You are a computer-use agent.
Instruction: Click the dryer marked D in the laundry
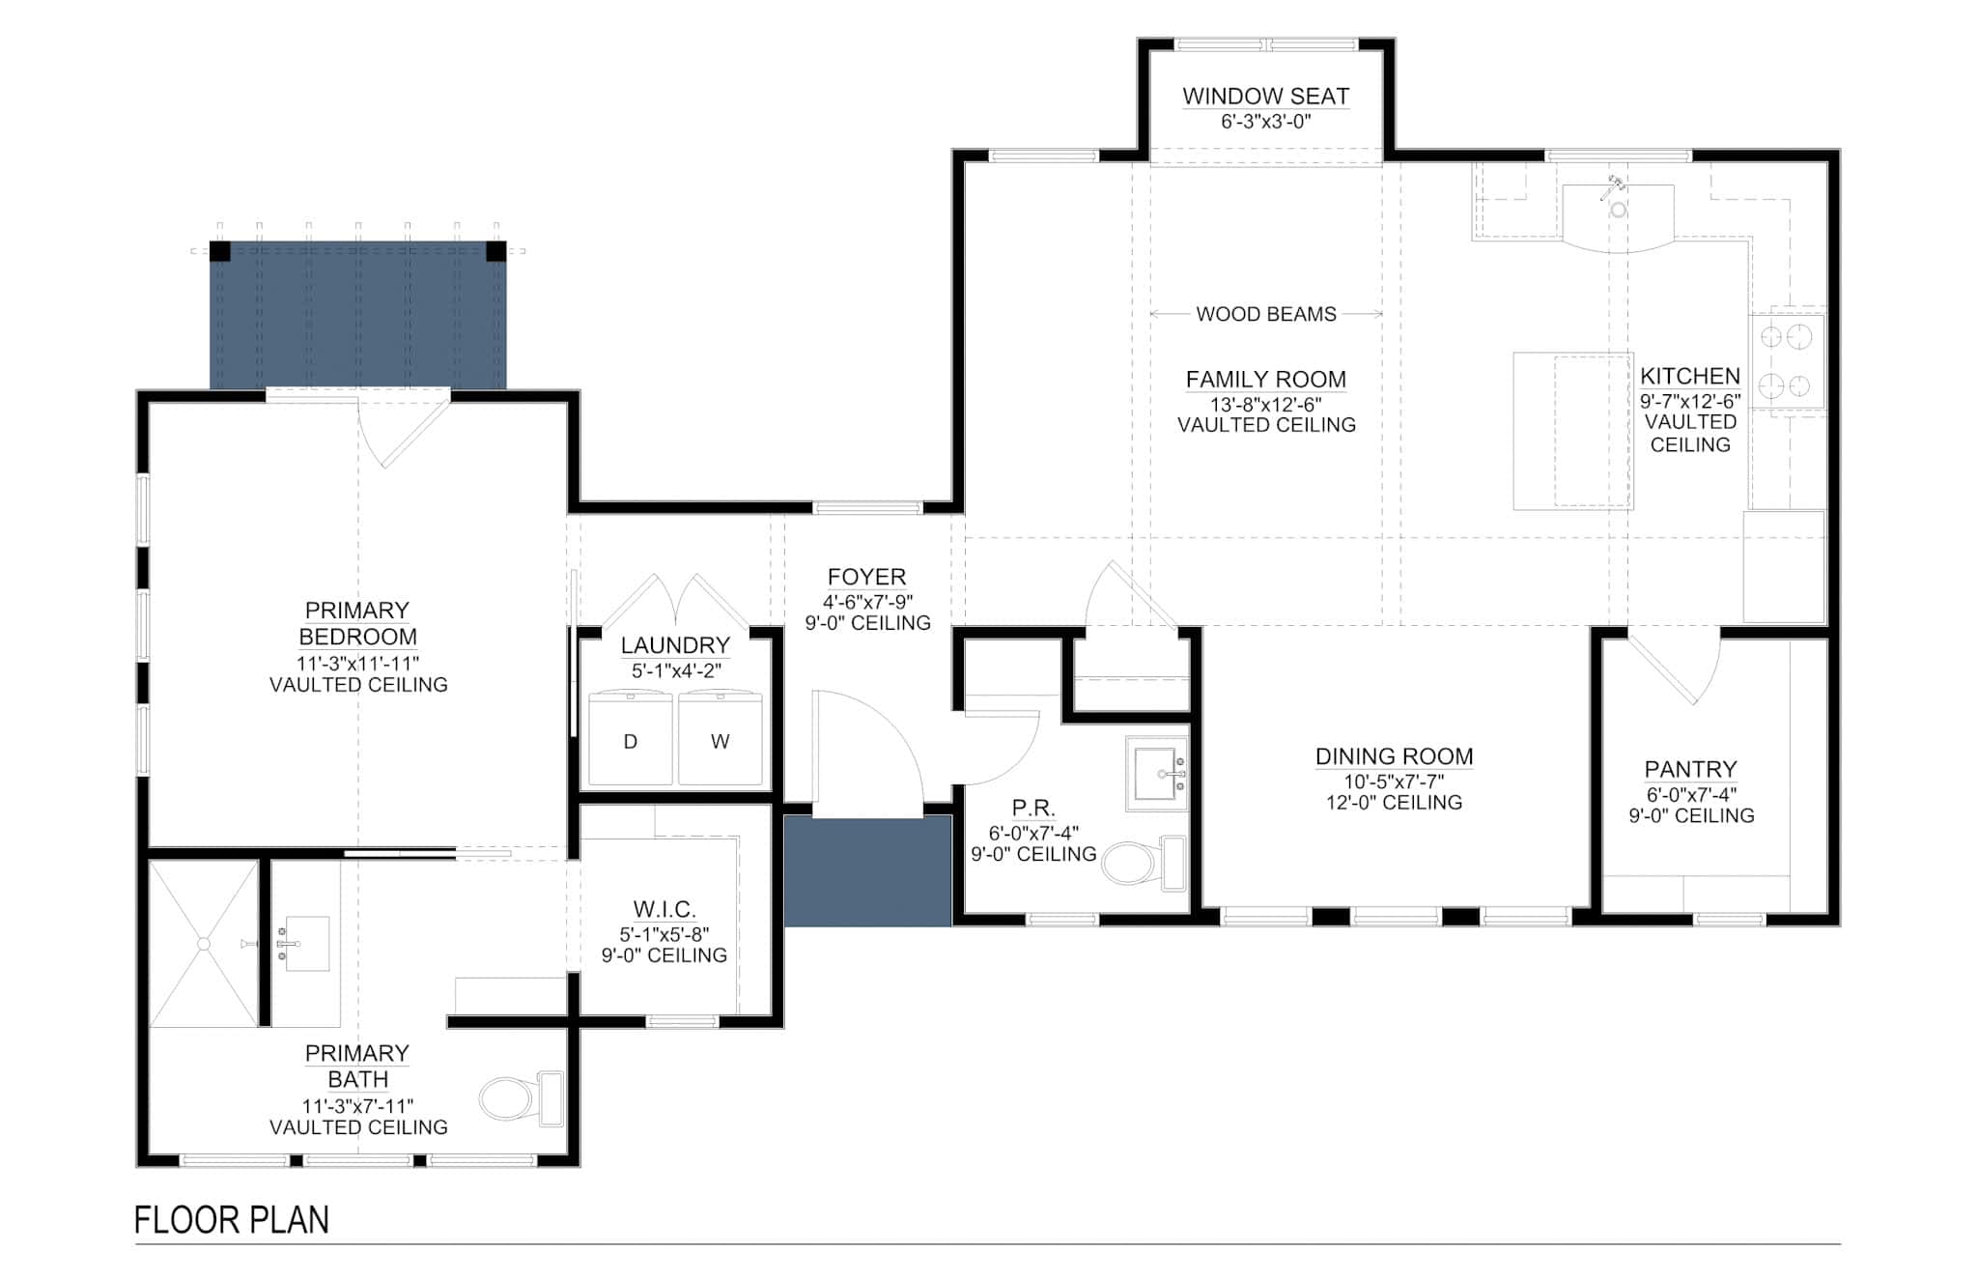pos(631,738)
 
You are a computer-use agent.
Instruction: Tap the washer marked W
pos(721,738)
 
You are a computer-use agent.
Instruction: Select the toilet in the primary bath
pos(522,1098)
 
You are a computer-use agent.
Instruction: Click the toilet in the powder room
pos(1144,862)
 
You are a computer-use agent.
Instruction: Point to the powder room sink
pos(1157,774)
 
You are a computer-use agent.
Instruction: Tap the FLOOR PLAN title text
pos(232,1220)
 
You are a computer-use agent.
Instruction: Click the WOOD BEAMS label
pos(1266,314)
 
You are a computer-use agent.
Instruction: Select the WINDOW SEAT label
pos(1266,96)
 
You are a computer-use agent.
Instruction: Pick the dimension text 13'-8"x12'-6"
pos(1266,404)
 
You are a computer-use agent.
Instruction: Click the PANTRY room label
pos(1690,769)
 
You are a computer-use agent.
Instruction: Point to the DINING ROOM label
pos(1394,756)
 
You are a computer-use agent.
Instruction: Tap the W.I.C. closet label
pos(664,909)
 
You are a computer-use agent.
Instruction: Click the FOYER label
pos(866,577)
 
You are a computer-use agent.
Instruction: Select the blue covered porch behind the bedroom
pos(358,315)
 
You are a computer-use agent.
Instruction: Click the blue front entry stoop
pos(867,871)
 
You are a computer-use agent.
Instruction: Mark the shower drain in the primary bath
pos(203,943)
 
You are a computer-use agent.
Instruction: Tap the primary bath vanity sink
pos(306,943)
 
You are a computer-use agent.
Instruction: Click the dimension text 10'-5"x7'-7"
pos(1394,782)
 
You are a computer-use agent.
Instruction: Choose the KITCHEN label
pos(1690,376)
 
